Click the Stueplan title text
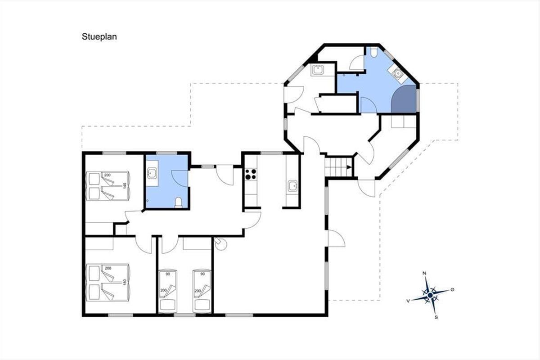click(99, 37)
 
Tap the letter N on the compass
click(424, 273)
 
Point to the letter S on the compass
click(436, 317)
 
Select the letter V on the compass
click(408, 301)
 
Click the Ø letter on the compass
click(452, 290)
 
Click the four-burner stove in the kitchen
click(251, 174)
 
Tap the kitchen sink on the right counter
click(292, 186)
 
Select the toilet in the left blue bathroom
click(178, 202)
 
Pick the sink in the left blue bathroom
click(153, 173)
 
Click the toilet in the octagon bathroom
click(373, 52)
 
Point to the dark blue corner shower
click(404, 99)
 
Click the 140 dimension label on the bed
click(125, 186)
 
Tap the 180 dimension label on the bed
click(125, 282)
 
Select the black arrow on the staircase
click(349, 167)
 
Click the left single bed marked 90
click(168, 291)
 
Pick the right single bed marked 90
click(202, 291)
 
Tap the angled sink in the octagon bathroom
click(397, 72)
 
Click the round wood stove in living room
click(220, 244)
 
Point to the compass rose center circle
click(430, 295)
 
